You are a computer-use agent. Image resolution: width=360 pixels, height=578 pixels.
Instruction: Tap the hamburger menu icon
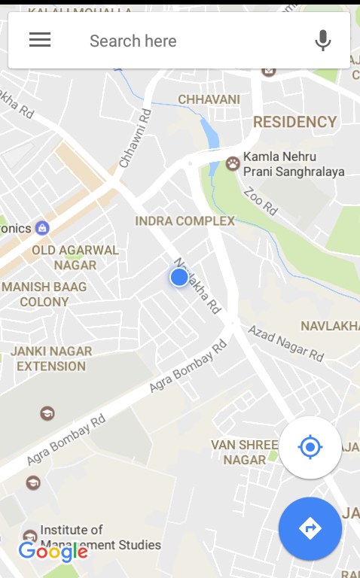(40, 40)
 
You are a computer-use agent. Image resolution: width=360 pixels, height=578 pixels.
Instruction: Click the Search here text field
(181, 41)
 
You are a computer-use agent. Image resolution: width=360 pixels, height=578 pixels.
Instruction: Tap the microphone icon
(323, 40)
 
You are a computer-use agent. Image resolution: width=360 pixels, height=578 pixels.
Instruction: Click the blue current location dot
(179, 278)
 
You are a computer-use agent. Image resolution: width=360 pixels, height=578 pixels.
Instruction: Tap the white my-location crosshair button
(310, 448)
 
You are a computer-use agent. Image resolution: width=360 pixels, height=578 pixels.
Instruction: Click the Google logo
(53, 552)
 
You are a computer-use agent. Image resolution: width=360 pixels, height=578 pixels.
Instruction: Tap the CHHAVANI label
(209, 99)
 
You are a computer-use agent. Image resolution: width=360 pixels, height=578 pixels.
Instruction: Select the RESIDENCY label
(294, 122)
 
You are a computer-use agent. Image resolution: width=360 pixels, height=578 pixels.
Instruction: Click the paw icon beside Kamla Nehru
(233, 163)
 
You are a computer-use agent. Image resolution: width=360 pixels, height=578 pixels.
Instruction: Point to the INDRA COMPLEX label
(185, 221)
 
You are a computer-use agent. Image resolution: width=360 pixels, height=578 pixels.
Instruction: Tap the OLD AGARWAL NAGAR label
(75, 257)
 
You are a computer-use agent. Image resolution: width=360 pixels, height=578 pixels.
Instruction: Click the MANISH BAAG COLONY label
(44, 294)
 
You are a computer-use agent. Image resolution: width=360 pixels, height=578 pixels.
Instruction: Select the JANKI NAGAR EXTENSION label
(51, 358)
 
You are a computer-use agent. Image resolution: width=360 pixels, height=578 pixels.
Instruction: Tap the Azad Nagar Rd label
(286, 342)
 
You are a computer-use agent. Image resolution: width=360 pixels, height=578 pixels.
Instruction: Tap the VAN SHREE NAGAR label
(239, 452)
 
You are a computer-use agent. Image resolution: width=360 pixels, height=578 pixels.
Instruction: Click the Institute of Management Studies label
(100, 537)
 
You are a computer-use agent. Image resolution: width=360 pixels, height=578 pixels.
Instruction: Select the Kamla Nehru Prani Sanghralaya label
(293, 164)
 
